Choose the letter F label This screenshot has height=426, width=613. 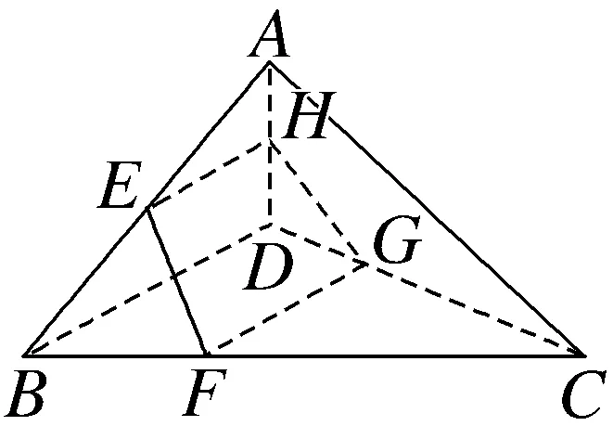[x=201, y=395]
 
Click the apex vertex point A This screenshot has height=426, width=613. [x=270, y=62]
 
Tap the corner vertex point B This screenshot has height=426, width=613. [x=25, y=355]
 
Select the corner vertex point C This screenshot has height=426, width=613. [x=584, y=355]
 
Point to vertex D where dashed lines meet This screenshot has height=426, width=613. [x=270, y=225]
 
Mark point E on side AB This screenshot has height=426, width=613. [x=148, y=208]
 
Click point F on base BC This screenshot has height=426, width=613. [x=206, y=355]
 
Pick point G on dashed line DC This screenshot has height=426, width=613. [x=367, y=264]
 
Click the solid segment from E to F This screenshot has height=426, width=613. [x=177, y=281]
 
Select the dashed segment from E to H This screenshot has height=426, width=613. [x=209, y=174]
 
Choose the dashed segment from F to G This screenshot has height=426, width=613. [x=287, y=309]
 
